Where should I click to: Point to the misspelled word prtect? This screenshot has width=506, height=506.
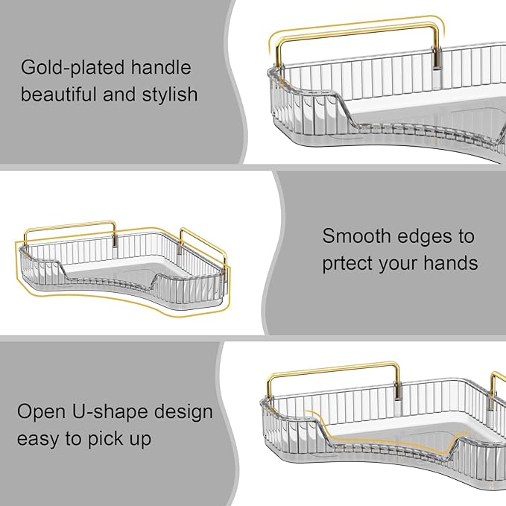[x=347, y=264]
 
